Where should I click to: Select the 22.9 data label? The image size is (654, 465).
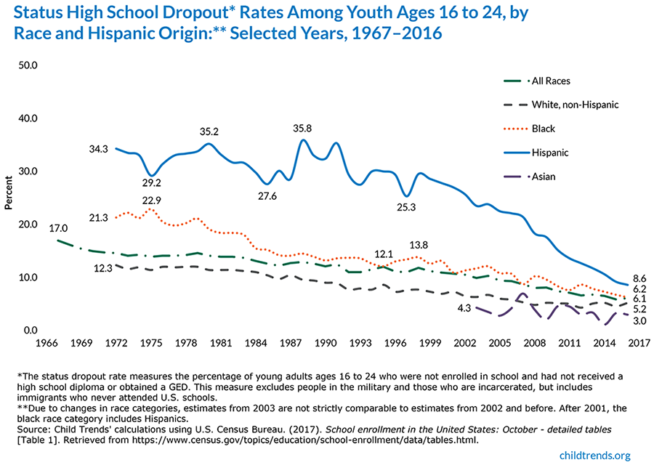[150, 201]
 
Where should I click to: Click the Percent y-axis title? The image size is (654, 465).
[9, 192]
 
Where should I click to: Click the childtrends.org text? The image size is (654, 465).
[594, 453]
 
